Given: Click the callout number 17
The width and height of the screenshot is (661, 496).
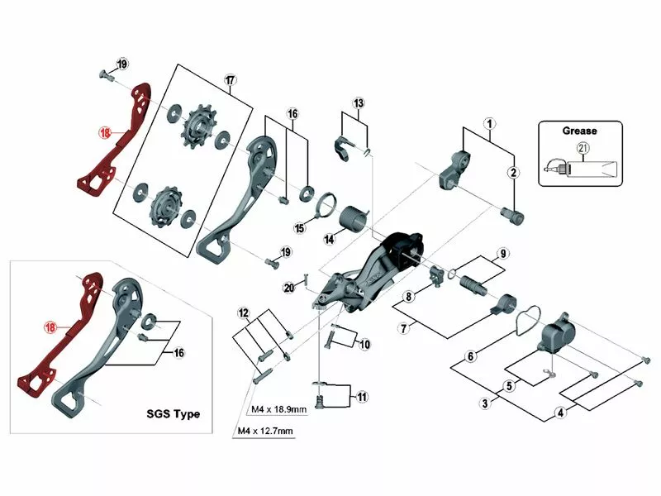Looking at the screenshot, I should click(230, 80).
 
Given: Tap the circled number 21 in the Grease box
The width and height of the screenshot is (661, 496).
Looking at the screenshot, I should click(583, 148).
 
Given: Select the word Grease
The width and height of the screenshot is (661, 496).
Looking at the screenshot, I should click(579, 130).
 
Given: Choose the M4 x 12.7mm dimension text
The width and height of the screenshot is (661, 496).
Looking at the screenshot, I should click(264, 431).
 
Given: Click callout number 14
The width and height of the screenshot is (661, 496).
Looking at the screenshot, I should click(329, 240).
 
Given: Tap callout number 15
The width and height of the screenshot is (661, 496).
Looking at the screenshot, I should click(301, 228).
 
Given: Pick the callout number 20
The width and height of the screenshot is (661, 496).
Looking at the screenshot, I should click(288, 288).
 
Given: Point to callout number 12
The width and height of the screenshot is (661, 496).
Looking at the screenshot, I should click(243, 312).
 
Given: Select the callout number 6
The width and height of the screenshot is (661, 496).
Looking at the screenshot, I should click(470, 357).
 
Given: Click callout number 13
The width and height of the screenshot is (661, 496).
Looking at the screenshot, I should click(358, 103).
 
